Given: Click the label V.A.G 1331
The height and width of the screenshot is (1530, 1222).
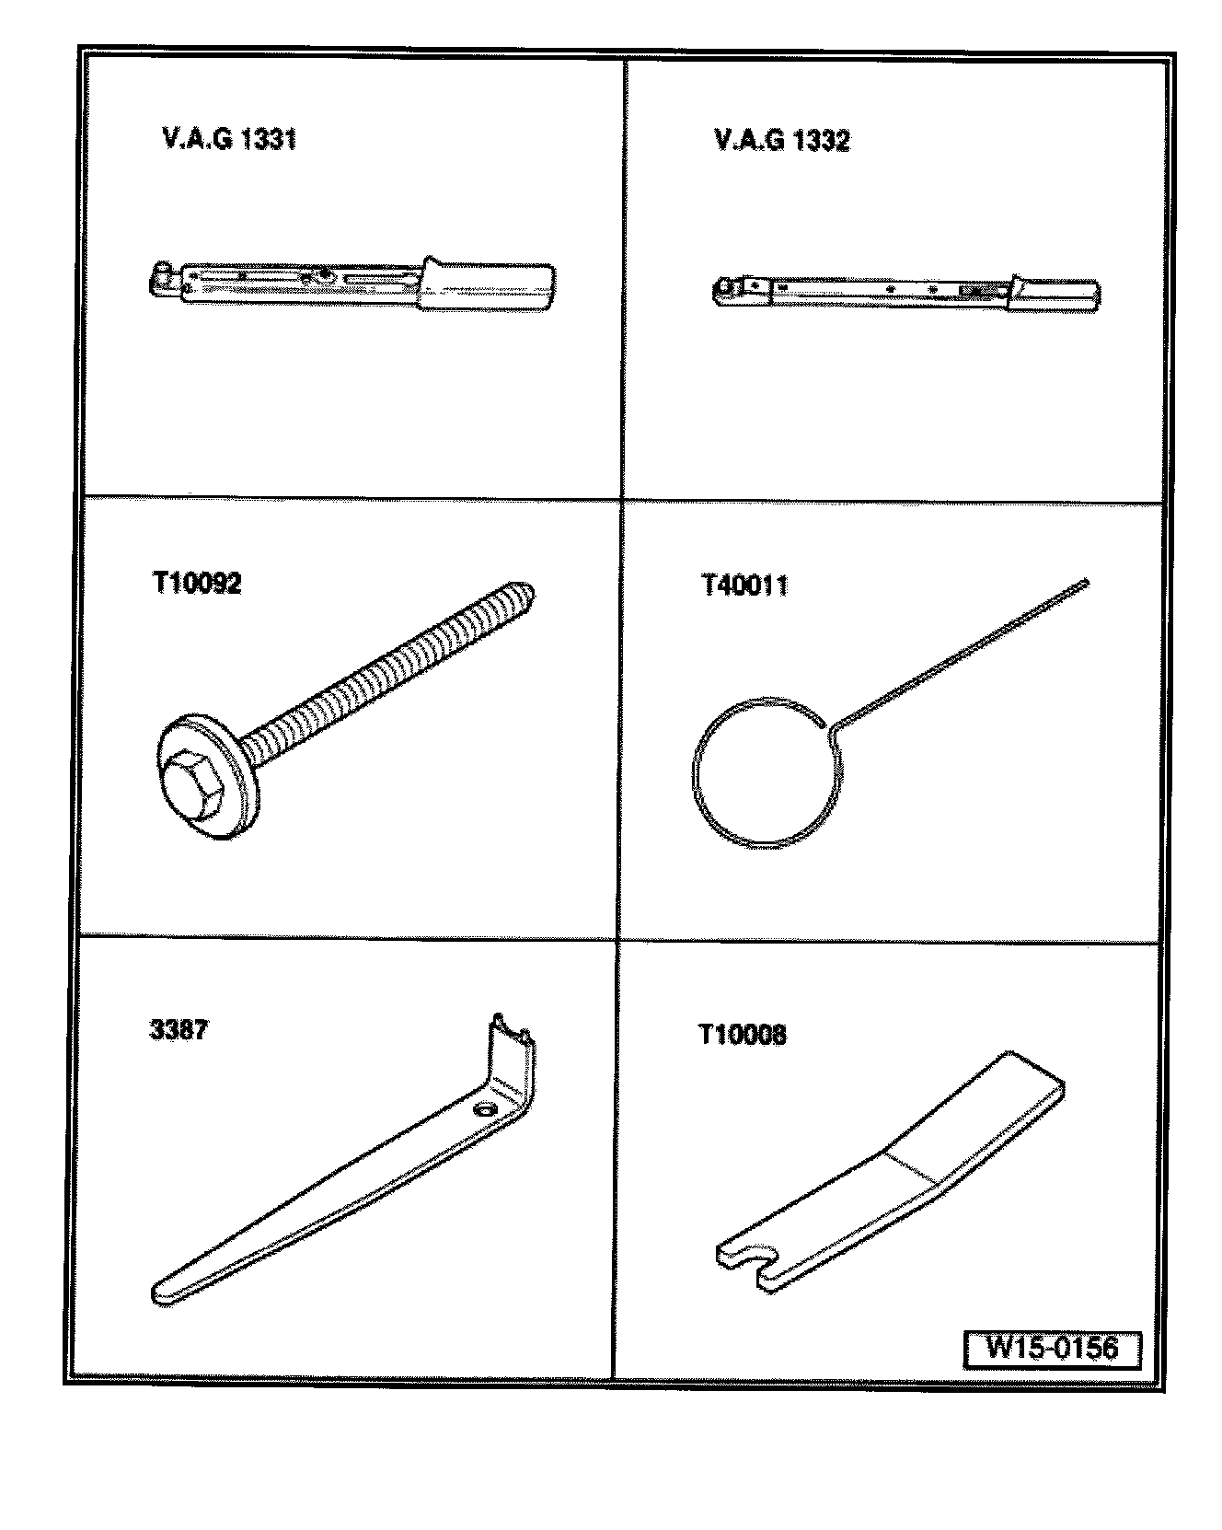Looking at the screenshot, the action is pyautogui.click(x=229, y=140).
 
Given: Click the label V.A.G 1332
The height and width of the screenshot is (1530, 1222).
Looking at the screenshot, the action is pyautogui.click(x=782, y=141).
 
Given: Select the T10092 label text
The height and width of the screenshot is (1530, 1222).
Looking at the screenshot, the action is pyautogui.click(x=197, y=584).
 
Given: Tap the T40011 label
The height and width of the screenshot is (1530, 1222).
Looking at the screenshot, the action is pyautogui.click(x=745, y=585).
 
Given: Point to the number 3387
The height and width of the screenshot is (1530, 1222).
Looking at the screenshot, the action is pyautogui.click(x=179, y=1029).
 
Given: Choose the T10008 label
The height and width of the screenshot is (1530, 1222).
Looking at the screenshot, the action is pyautogui.click(x=743, y=1035).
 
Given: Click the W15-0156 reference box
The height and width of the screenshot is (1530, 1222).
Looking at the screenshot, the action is pyautogui.click(x=1052, y=1349).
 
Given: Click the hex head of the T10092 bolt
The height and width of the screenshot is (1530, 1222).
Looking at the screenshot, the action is pyautogui.click(x=197, y=782).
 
